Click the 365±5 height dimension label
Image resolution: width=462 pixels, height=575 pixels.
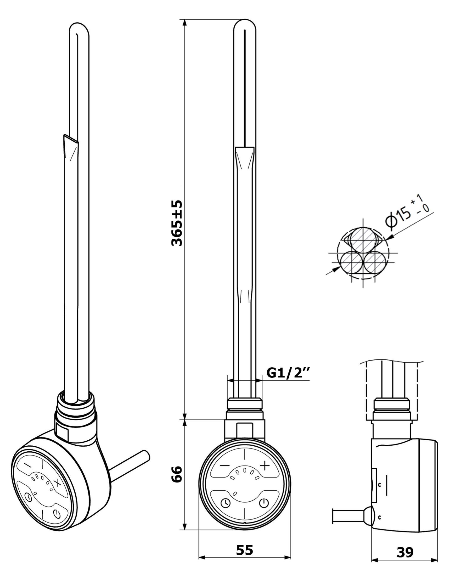[x=177, y=223]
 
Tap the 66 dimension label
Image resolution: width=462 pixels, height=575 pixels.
[x=177, y=474]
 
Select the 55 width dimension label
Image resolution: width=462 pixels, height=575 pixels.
[x=244, y=550]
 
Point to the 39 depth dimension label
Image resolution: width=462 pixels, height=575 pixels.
[x=405, y=552]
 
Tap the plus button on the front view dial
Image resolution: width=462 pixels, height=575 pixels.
[x=265, y=465]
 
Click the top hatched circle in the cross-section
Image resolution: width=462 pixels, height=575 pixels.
[x=363, y=238]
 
